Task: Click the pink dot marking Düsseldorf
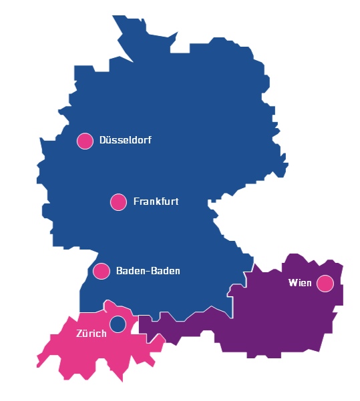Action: pyautogui.click(x=85, y=141)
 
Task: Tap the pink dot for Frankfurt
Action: pyautogui.click(x=118, y=202)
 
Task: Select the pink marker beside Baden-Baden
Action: pyautogui.click(x=102, y=271)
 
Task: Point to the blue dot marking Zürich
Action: pyautogui.click(x=118, y=324)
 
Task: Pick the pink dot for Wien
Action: pyautogui.click(x=325, y=284)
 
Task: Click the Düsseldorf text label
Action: pyautogui.click(x=125, y=141)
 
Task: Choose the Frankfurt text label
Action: pyautogui.click(x=156, y=202)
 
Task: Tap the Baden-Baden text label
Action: pyautogui.click(x=148, y=271)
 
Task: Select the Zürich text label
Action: pyautogui.click(x=91, y=333)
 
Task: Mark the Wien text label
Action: pyautogui.click(x=300, y=283)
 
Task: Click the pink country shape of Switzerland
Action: pyautogui.click(x=80, y=354)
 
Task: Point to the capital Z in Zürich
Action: pyautogui.click(x=79, y=333)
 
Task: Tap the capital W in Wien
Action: pyautogui.click(x=292, y=283)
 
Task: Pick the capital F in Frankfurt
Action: pyautogui.click(x=136, y=202)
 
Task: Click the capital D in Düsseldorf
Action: pyautogui.click(x=102, y=141)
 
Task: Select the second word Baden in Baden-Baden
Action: pyautogui.click(x=165, y=271)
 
